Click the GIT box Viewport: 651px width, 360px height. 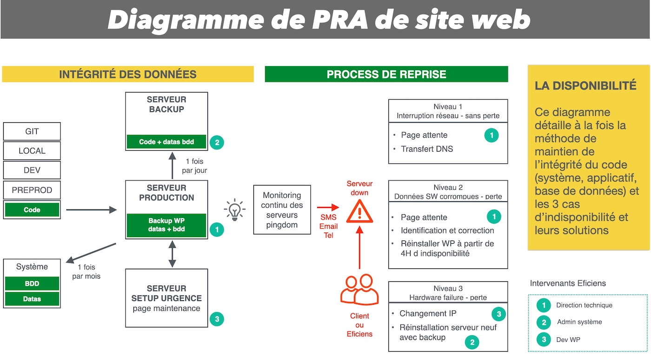[32, 132]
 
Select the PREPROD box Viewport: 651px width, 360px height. [32, 190]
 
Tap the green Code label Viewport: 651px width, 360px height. [32, 210]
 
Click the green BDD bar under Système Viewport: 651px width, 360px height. [32, 283]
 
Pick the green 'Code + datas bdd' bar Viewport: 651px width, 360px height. [166, 142]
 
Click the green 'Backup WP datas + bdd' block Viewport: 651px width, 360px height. [166, 225]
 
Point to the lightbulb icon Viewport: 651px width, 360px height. [234, 210]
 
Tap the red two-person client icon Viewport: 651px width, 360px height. [359, 290]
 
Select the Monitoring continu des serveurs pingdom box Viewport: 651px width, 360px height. [282, 210]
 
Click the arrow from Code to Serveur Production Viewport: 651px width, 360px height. [91, 210]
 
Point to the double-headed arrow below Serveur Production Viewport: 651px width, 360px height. [173, 254]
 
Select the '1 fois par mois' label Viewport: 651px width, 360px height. [86, 271]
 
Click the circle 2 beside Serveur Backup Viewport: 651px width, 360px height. [217, 142]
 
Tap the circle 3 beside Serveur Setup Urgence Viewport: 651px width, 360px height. [217, 319]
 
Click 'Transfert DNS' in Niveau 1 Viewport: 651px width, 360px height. [426, 149]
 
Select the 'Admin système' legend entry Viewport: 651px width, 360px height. [579, 322]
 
